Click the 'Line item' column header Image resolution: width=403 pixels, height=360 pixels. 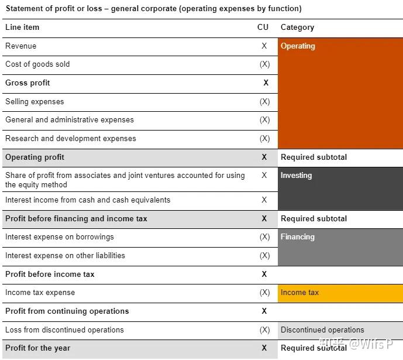click(22, 28)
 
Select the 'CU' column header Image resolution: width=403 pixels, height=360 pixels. click(263, 28)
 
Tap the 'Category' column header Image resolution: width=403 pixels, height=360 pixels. click(297, 28)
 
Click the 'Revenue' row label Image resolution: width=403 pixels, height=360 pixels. click(20, 46)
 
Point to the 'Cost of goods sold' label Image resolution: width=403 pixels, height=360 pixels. click(37, 64)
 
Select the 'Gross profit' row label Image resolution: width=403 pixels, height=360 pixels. click(27, 83)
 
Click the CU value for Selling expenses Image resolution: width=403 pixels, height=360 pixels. click(264, 102)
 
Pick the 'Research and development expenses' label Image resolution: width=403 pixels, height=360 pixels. click(70, 139)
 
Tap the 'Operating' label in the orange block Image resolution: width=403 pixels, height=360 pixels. click(298, 46)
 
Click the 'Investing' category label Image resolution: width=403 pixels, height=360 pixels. click(296, 176)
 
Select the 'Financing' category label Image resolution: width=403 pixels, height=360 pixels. click(297, 237)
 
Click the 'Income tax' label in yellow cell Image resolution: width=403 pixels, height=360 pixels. click(299, 293)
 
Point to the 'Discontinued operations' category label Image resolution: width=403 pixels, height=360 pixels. click(322, 330)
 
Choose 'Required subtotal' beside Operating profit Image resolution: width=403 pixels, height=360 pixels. click(314, 157)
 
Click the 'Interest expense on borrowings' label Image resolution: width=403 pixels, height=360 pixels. click(59, 237)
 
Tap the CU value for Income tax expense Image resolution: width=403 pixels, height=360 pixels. click(264, 293)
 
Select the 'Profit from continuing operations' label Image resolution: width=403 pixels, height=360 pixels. click(67, 311)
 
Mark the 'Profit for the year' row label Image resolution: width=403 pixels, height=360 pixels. click(37, 348)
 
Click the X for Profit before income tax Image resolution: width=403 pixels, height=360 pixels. click(264, 275)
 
